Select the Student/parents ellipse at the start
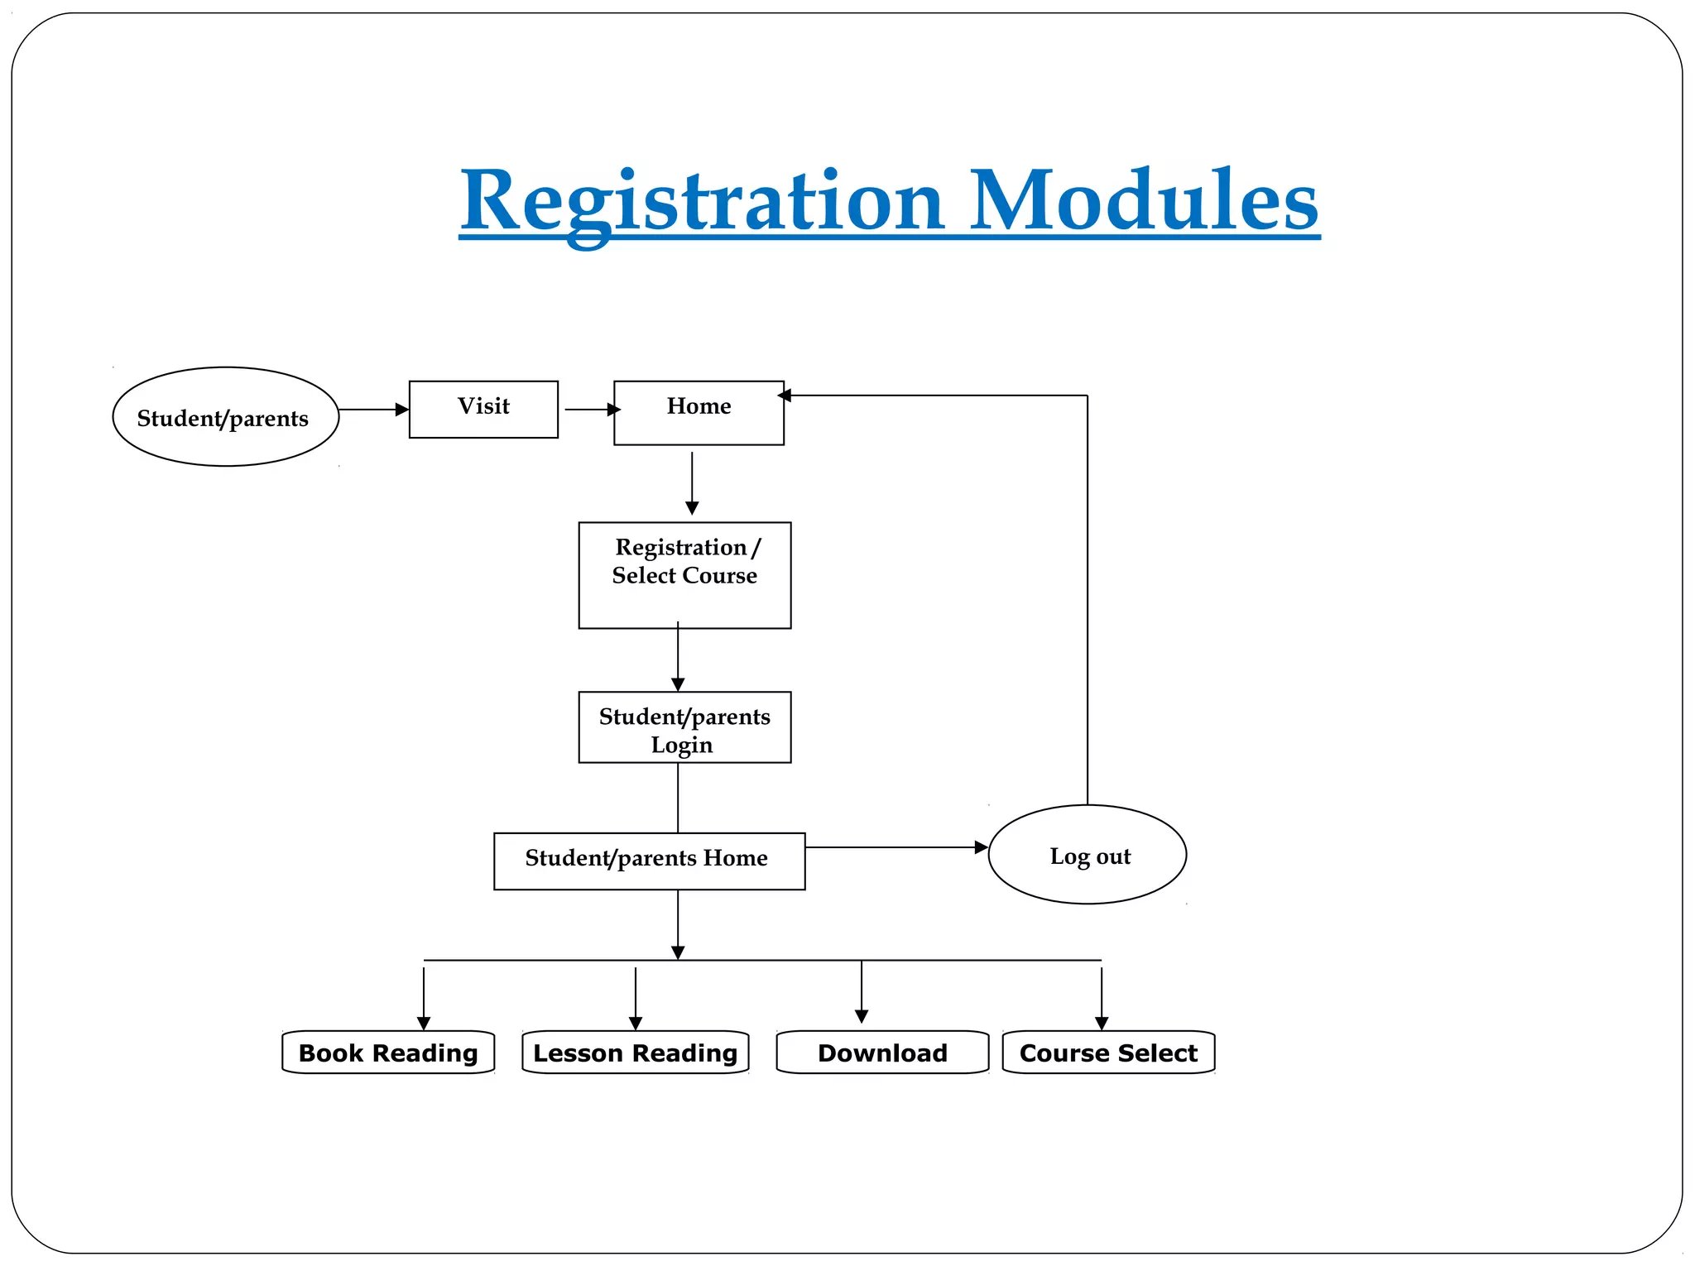225,417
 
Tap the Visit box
483,409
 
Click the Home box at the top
699,412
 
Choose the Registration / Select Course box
684,574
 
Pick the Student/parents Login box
684,727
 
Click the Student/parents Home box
649,861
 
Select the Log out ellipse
1087,854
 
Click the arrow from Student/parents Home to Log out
896,847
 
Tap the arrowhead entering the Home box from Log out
785,396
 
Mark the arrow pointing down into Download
862,993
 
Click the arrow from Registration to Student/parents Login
678,658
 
